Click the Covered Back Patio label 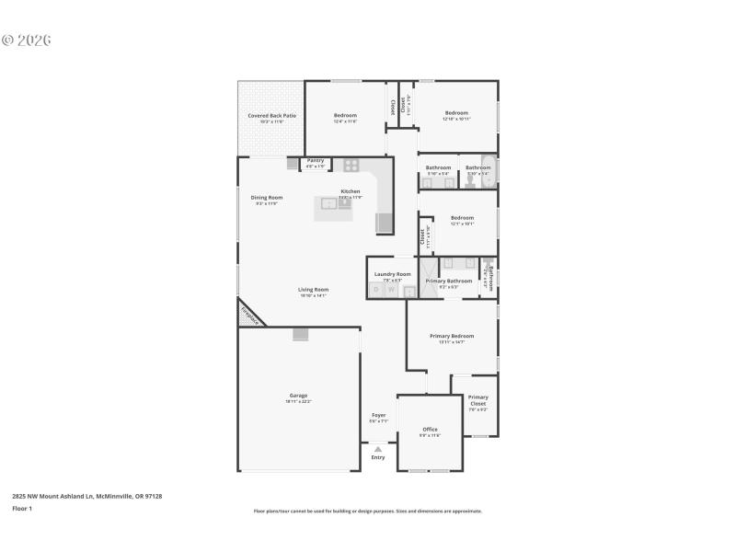point(271,116)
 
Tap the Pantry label point(316,160)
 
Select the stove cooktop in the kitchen point(351,166)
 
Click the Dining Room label point(267,197)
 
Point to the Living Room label point(313,290)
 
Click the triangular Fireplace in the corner point(249,315)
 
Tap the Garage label point(298,396)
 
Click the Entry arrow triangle point(377,449)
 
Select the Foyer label point(378,415)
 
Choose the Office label point(430,430)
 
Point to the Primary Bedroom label point(452,337)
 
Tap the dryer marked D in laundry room point(375,290)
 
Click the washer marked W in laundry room point(391,290)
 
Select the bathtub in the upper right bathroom point(489,172)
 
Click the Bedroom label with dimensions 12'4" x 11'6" point(345,115)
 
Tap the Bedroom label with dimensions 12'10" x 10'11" point(456,113)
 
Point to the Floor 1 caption point(21,508)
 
